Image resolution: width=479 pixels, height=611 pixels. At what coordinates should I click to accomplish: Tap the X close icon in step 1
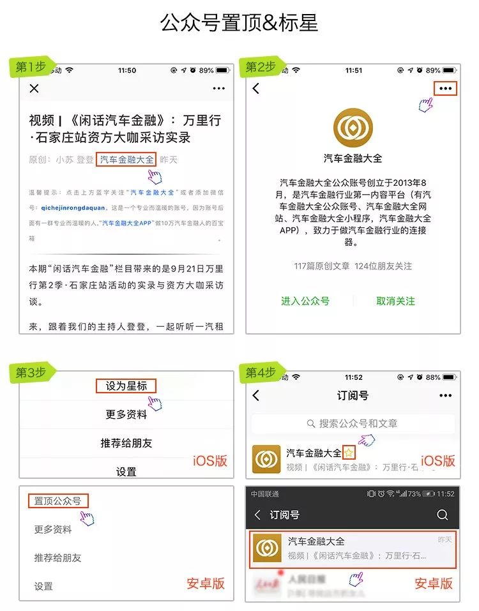(x=34, y=89)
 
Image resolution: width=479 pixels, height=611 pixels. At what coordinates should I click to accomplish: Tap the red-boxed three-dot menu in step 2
(x=446, y=89)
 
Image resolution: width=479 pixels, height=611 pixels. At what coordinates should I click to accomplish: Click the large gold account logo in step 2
(x=353, y=126)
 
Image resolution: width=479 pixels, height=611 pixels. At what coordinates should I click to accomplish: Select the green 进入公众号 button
(x=305, y=301)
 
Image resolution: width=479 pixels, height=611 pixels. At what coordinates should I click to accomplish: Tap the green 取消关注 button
(x=395, y=301)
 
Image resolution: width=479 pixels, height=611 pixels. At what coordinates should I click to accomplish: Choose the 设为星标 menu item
(x=126, y=386)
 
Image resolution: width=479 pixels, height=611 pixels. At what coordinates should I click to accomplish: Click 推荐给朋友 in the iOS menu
(x=126, y=443)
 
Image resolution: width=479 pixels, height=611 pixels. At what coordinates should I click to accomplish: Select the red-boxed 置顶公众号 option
(x=57, y=501)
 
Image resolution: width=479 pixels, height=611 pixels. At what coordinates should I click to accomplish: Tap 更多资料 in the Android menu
(x=53, y=529)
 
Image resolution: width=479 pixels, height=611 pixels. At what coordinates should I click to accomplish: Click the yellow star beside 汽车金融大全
(x=349, y=453)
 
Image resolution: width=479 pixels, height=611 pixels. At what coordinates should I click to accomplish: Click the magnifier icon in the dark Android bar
(x=442, y=515)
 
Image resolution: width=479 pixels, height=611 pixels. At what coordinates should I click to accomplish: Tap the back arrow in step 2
(x=256, y=89)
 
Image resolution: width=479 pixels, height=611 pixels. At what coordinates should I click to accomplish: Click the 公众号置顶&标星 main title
(x=239, y=24)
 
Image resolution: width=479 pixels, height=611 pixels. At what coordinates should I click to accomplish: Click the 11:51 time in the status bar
(x=353, y=70)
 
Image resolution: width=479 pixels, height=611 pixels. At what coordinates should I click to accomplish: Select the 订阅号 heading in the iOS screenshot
(x=353, y=396)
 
